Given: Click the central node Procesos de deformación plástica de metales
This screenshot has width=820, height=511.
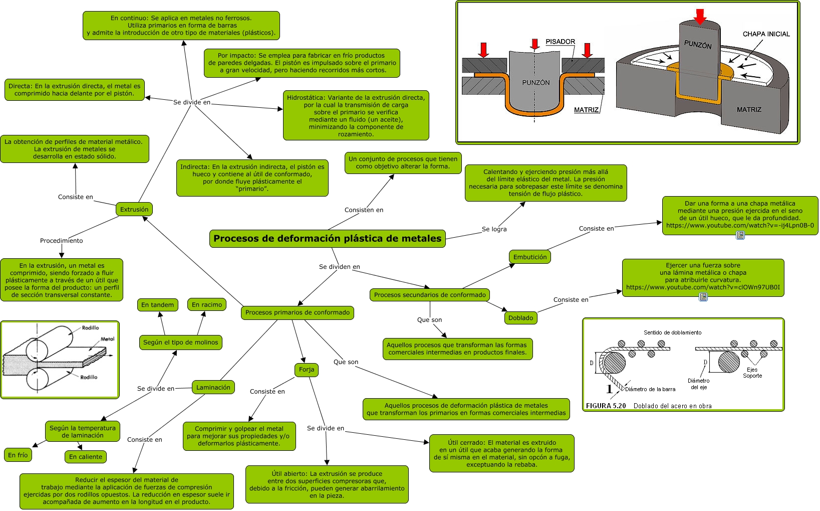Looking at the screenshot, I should [327, 239].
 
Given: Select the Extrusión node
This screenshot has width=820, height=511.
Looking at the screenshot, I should [134, 210].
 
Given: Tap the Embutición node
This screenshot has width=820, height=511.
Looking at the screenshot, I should [530, 257].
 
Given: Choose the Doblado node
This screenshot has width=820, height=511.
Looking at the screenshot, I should [520, 318].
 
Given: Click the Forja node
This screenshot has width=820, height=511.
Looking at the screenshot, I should [307, 370].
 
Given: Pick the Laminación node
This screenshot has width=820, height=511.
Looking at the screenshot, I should [213, 388].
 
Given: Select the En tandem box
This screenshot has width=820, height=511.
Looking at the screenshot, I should [157, 305].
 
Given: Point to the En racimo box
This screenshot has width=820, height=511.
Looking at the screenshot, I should [207, 305].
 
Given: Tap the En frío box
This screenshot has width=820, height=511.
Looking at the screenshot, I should [18, 455].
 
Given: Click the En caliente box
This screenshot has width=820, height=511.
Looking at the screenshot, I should [86, 457].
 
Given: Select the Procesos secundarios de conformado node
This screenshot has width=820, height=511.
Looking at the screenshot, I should [430, 295].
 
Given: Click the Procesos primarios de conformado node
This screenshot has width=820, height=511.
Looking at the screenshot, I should [298, 312].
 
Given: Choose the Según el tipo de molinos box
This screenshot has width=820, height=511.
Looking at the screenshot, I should [181, 343].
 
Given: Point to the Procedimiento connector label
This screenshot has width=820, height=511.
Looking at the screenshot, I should [62, 241].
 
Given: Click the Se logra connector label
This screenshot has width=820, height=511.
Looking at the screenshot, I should [494, 229].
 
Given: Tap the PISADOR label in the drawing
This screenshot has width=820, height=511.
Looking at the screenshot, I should [561, 42].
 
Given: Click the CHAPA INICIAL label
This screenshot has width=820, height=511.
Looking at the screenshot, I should [766, 34].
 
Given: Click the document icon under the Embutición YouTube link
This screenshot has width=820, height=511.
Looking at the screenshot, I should [740, 235].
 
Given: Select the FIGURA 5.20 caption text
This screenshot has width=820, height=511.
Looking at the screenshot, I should [649, 406].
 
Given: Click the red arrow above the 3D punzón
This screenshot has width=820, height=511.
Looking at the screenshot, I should [700, 16].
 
